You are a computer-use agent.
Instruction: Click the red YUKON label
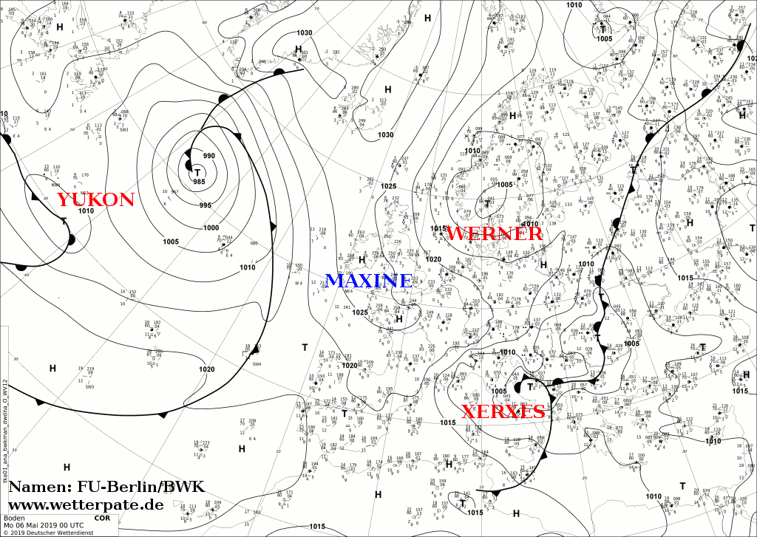[95, 199]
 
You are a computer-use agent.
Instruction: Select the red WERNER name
[495, 234]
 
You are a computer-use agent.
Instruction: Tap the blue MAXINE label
[368, 281]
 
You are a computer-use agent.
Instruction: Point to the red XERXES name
[503, 412]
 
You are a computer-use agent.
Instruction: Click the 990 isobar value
[209, 156]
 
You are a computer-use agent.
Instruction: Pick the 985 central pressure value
[198, 182]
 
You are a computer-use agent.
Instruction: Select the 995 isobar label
[205, 205]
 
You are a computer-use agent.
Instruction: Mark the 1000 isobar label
[211, 228]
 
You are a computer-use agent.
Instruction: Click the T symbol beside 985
[197, 171]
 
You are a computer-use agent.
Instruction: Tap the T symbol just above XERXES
[530, 386]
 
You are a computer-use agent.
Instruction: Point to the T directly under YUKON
[64, 221]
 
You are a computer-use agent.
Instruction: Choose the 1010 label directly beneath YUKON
[86, 211]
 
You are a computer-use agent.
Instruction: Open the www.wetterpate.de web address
[85, 505]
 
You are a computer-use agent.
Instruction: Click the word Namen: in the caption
[39, 487]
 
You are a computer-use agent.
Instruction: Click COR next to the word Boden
[101, 518]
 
